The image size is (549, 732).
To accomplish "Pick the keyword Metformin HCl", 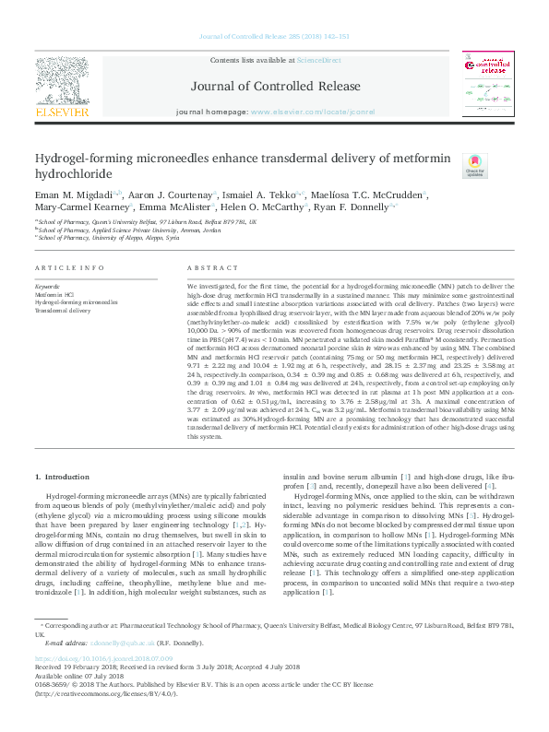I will point(54,295).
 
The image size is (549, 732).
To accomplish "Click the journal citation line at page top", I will point(274,37).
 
